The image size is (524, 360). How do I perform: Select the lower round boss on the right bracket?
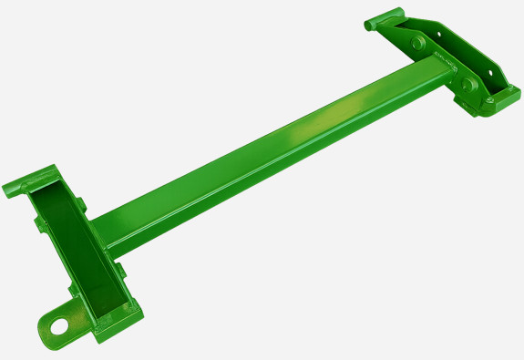(x=470, y=86)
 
